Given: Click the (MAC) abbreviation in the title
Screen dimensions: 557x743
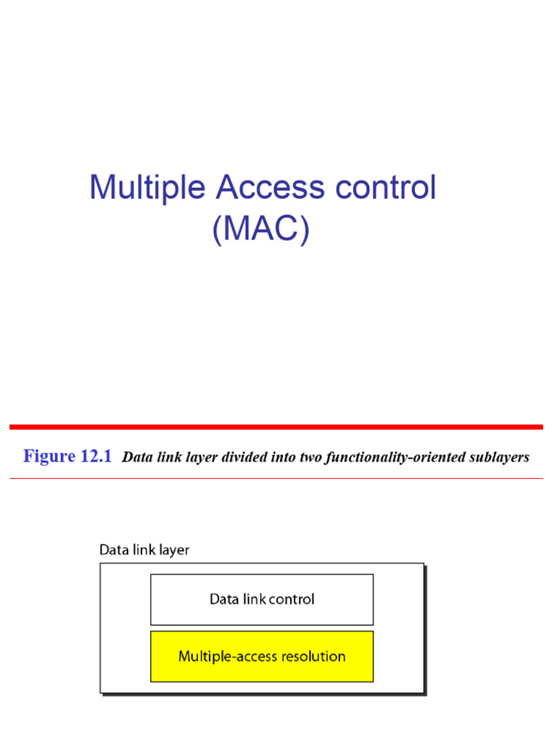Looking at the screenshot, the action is point(261,229).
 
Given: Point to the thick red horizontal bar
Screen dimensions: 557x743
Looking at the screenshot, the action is point(276,427).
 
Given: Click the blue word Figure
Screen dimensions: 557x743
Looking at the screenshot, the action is point(49,456).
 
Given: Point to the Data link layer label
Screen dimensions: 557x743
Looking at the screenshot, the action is point(144,550).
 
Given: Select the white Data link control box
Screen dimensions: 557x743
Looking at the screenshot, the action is point(262,599).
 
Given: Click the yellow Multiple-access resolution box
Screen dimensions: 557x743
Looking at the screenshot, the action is point(262,656).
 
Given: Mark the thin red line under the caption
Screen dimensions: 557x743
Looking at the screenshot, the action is point(276,478).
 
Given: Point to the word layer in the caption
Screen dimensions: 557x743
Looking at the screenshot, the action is point(195,458).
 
